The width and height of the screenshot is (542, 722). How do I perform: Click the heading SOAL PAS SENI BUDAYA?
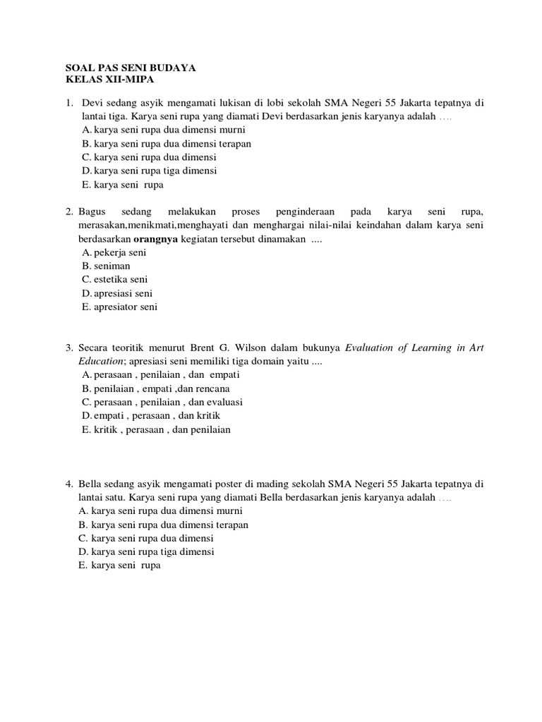131,68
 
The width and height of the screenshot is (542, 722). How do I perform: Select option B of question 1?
167,143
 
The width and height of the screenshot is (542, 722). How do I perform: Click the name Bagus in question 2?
91,212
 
